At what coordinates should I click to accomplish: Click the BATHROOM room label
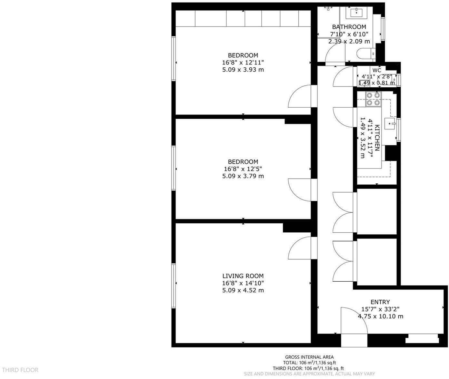(349, 27)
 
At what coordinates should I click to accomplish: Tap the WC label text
(377, 70)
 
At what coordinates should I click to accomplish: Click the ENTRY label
(380, 302)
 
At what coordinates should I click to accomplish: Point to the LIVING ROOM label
(243, 276)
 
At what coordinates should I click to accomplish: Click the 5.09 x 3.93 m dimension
(243, 70)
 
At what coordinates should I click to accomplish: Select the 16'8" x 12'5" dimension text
(243, 169)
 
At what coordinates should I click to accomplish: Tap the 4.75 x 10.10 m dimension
(380, 316)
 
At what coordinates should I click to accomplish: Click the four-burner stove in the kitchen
(373, 99)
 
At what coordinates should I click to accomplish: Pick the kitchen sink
(392, 123)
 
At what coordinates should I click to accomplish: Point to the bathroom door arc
(335, 53)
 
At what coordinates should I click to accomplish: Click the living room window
(174, 286)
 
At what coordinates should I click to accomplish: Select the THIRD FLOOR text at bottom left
(20, 370)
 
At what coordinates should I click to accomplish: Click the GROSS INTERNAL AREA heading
(309, 357)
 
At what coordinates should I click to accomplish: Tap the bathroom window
(383, 29)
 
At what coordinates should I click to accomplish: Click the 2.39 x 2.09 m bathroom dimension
(349, 41)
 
